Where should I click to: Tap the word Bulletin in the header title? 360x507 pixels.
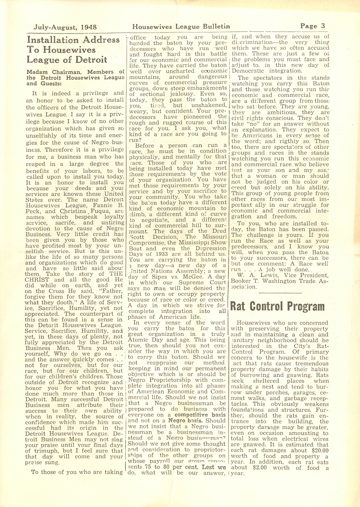pos(214,27)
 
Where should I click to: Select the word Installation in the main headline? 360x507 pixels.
pos(53,40)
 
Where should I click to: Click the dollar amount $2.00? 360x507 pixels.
pos(258,468)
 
